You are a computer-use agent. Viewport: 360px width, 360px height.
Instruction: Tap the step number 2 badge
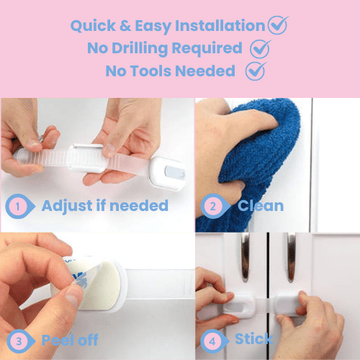(x=212, y=207)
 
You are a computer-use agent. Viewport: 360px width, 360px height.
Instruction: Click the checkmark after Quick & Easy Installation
(x=277, y=25)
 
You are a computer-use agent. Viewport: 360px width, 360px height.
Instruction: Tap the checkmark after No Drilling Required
(x=259, y=48)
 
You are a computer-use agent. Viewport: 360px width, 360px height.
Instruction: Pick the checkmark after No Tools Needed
(x=255, y=71)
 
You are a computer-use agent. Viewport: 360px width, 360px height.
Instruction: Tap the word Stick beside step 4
(x=253, y=339)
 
